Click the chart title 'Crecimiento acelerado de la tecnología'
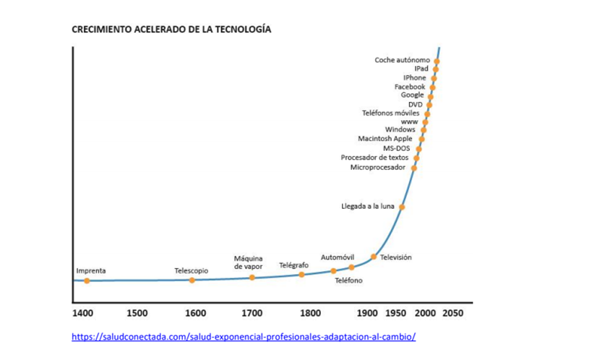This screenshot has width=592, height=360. click(171, 30)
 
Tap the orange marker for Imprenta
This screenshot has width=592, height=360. click(87, 280)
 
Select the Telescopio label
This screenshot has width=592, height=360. click(191, 271)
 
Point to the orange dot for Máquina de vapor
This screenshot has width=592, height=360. click(252, 278)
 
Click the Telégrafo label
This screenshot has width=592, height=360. click(293, 265)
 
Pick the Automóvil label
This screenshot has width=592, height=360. click(337, 257)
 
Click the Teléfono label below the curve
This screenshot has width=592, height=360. click(348, 280)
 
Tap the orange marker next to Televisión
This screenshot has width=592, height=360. click(374, 257)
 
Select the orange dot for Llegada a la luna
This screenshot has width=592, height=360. click(402, 207)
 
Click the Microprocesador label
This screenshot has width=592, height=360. click(377, 167)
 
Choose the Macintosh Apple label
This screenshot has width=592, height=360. click(385, 139)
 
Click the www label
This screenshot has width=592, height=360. click(409, 121)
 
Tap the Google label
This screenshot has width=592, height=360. click(413, 95)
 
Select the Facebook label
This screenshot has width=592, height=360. click(410, 86)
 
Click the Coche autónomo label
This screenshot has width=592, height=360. click(402, 59)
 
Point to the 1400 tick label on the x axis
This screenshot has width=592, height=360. click(82, 314)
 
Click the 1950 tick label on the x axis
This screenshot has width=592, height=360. click(395, 314)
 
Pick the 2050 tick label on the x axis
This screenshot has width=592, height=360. click(452, 314)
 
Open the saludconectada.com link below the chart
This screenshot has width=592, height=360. click(244, 337)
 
